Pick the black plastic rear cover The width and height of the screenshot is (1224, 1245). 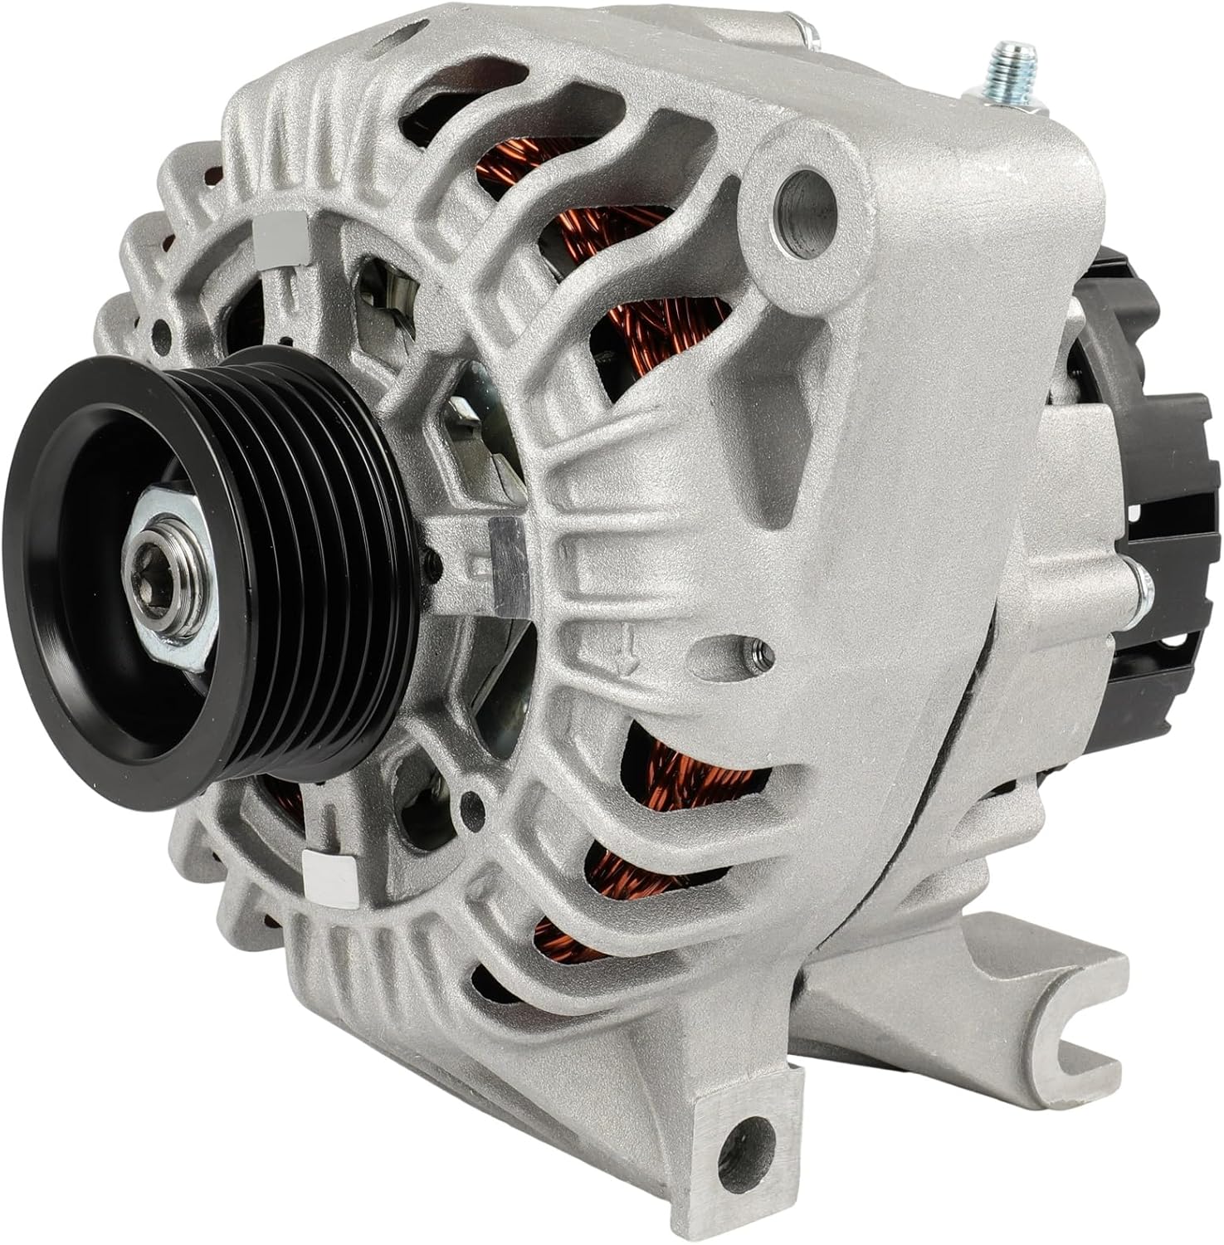pyautogui.click(x=1162, y=515)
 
